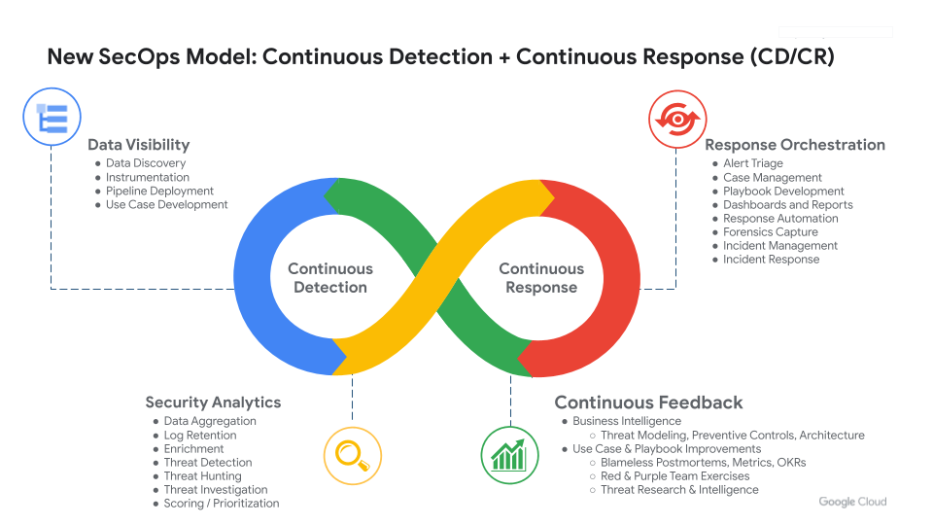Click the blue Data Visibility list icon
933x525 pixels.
point(52,117)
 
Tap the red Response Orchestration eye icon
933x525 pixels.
point(677,119)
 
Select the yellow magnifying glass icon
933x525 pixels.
point(352,456)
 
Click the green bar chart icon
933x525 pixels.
point(509,455)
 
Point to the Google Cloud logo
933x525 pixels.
point(852,502)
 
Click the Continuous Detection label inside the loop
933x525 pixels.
point(330,278)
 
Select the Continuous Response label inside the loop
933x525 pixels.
point(541,278)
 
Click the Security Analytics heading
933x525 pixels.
point(213,402)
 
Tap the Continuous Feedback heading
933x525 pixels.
point(648,402)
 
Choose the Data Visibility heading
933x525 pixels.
point(139,145)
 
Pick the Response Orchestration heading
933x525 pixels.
point(795,145)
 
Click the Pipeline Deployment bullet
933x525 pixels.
point(159,192)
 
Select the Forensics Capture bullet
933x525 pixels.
point(771,232)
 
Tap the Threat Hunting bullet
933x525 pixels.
point(203,476)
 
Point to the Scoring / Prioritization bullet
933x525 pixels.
point(222,504)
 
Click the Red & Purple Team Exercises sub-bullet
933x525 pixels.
point(674,476)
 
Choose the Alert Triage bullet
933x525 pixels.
point(752,163)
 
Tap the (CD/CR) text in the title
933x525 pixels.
point(792,57)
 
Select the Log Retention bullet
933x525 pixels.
point(200,436)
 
